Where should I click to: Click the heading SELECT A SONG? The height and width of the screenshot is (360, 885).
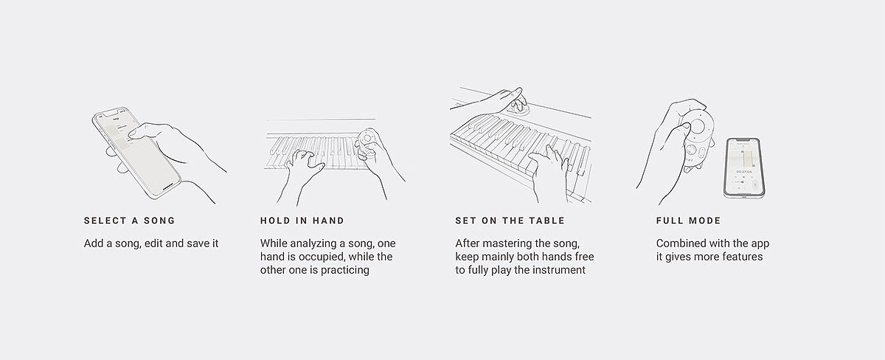click(x=129, y=221)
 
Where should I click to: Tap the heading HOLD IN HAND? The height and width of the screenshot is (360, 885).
click(x=302, y=221)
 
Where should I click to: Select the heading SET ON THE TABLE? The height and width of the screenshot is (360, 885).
click(x=510, y=221)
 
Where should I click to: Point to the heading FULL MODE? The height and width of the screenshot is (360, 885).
click(x=689, y=221)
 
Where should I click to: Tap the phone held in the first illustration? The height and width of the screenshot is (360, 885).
click(x=136, y=153)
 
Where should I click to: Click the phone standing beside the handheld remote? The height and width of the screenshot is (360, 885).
click(x=743, y=168)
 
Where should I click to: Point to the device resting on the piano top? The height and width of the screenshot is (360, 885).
click(x=518, y=108)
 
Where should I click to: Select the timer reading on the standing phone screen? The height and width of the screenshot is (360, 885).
click(x=744, y=172)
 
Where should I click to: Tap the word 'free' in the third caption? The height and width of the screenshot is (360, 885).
click(x=584, y=257)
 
